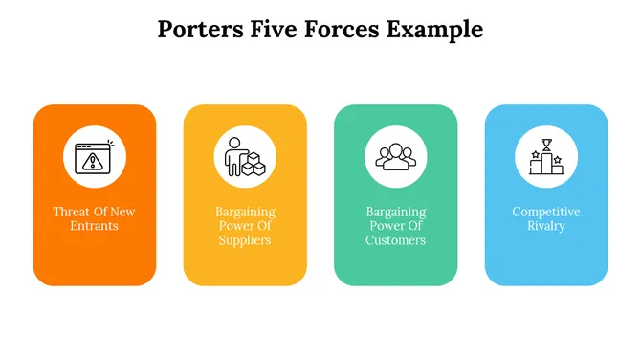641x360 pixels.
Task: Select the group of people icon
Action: click(395, 156)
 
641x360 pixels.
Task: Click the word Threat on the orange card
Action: click(71, 212)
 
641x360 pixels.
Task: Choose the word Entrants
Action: click(94, 226)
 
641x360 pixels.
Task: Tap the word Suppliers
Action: click(245, 240)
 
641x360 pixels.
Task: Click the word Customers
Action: click(395, 240)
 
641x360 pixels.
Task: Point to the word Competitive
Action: click(546, 212)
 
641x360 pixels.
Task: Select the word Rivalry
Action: click(546, 226)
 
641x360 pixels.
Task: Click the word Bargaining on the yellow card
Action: click(245, 212)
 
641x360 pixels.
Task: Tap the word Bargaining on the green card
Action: click(395, 212)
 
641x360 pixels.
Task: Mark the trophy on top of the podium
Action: click(546, 146)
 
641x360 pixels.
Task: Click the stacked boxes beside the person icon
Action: click(254, 167)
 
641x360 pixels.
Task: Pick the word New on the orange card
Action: click(123, 212)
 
